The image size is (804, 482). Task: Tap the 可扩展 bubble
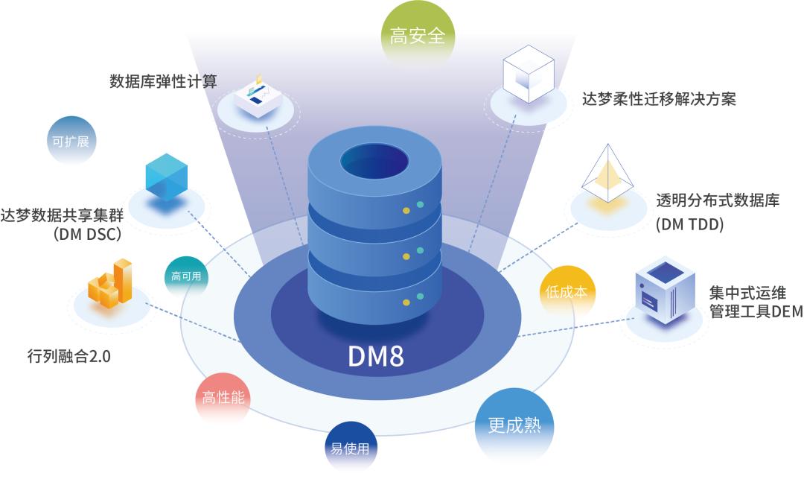click(71, 141)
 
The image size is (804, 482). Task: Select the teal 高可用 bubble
click(185, 276)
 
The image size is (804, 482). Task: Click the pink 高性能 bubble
click(223, 398)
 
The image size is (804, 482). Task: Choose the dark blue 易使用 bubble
click(349, 449)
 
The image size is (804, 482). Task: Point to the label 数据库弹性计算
click(163, 81)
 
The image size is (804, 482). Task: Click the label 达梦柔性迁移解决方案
click(659, 99)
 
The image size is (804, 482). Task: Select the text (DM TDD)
click(689, 224)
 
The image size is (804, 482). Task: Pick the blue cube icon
click(165, 176)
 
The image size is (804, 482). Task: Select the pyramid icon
click(607, 176)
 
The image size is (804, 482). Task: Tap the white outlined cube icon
click(526, 74)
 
